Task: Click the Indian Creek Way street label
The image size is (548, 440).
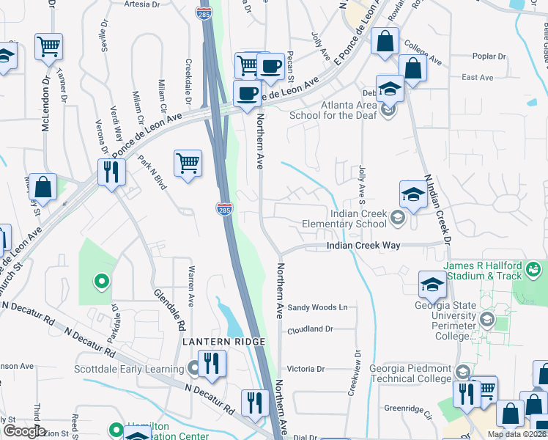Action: click(363, 246)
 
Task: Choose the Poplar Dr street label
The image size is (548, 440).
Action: click(489, 56)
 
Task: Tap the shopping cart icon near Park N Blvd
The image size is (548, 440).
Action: click(188, 163)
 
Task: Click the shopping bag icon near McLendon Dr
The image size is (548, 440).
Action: click(43, 188)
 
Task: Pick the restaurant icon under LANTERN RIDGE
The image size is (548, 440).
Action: click(212, 364)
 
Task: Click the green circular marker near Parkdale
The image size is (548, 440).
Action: click(102, 280)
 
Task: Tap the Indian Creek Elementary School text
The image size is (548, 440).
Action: click(358, 219)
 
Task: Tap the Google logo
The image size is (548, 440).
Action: click(24, 431)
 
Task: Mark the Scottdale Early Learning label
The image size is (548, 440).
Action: click(128, 369)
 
